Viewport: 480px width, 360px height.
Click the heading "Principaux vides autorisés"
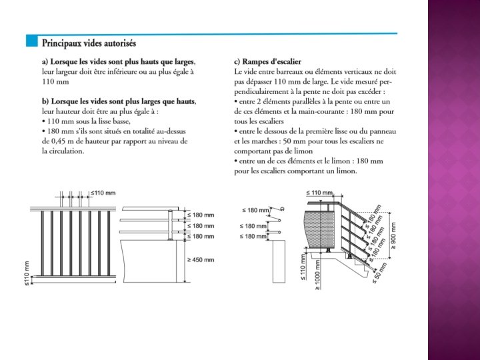[x=89, y=43]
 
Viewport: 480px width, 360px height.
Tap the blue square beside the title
[x=30, y=42]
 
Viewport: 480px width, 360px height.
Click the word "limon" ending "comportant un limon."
[x=347, y=171]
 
